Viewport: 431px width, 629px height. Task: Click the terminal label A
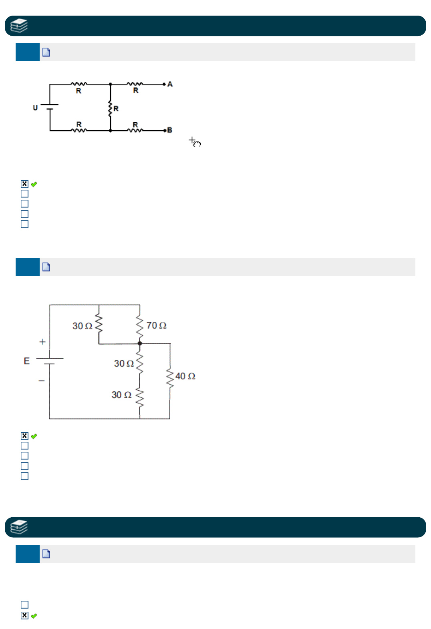coord(170,84)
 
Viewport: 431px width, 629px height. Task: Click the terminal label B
coord(169,130)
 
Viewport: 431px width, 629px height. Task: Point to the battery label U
coord(35,108)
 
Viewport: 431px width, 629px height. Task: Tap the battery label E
coord(27,361)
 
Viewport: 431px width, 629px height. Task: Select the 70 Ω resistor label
coord(156,325)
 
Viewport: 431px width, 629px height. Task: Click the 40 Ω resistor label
coord(185,376)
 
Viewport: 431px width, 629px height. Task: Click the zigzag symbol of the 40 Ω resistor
coord(170,378)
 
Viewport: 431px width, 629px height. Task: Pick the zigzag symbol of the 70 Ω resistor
coord(140,326)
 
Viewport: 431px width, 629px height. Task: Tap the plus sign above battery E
coord(42,342)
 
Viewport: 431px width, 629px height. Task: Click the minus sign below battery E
coord(42,381)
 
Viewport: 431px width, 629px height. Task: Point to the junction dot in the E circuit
coord(140,343)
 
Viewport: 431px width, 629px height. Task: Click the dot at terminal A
coord(164,84)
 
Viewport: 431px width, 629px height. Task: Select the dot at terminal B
coord(165,131)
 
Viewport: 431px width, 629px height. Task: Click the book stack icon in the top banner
coord(19,26)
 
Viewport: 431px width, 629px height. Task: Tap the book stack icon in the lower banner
coord(19,527)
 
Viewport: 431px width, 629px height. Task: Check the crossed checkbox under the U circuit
coord(25,184)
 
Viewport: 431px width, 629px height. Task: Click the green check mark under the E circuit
coord(34,436)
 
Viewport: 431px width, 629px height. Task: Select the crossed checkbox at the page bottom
coord(25,615)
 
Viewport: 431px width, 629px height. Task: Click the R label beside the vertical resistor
coord(116,109)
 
